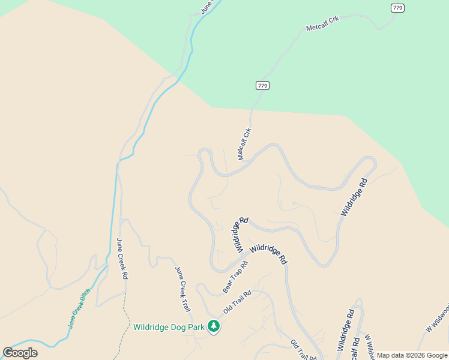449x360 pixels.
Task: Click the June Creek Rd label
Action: pos(122,259)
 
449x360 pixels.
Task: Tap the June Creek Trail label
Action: pos(182,289)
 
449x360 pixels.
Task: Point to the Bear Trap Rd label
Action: pos(235,277)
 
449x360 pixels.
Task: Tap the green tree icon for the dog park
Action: pos(214,326)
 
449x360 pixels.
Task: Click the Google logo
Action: pos(20,352)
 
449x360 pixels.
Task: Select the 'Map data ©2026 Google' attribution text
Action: pos(412,355)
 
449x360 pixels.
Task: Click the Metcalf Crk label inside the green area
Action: pos(322,23)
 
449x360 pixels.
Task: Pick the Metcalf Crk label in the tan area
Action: pos(245,144)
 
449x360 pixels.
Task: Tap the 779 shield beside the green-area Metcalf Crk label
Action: pos(397,8)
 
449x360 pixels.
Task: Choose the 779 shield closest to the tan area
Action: pos(262,85)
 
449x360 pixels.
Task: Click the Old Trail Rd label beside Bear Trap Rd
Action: pos(237,302)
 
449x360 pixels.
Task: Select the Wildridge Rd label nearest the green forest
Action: pos(354,197)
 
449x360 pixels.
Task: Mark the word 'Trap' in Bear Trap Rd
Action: pos(235,277)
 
